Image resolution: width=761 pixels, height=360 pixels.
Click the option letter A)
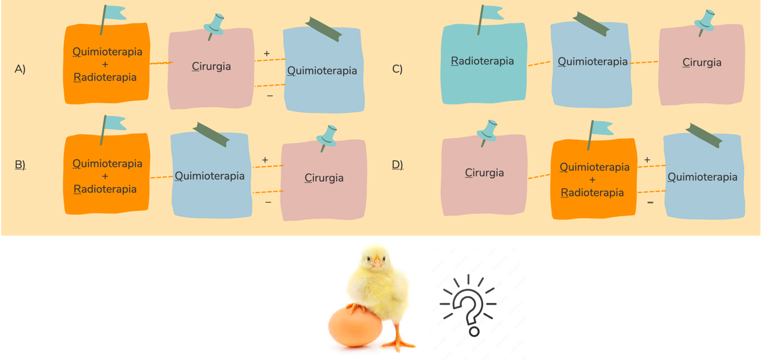(20, 70)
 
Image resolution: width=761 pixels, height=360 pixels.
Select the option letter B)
(20, 165)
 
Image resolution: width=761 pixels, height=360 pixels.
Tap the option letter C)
(397, 69)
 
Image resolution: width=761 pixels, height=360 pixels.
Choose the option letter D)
(397, 165)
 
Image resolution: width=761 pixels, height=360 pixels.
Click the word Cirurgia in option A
(211, 67)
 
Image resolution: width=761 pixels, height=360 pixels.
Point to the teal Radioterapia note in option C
(483, 63)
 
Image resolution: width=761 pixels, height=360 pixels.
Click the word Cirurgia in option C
(702, 63)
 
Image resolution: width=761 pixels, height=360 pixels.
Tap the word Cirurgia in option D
(484, 173)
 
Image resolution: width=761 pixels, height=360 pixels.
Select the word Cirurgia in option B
(324, 178)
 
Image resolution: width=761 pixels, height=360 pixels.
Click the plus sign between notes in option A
(267, 54)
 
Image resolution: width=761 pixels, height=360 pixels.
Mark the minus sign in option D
(650, 202)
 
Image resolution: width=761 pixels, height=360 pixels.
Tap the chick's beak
(377, 264)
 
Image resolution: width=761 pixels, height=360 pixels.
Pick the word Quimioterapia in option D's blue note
(702, 177)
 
